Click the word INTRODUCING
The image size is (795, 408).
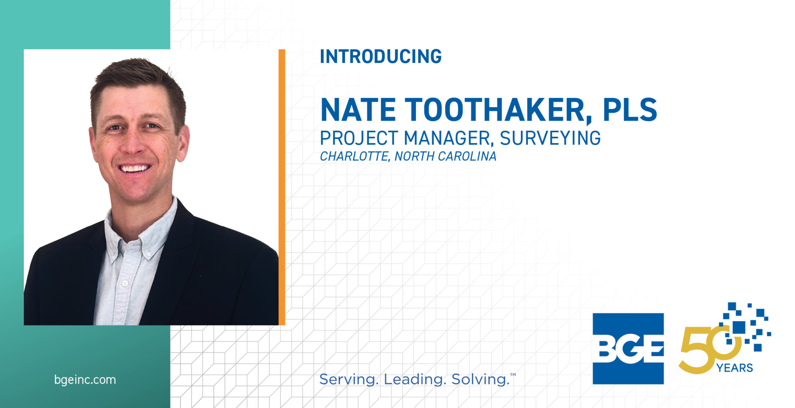(x=381, y=56)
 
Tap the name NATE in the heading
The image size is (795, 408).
(x=358, y=110)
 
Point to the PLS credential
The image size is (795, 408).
(x=630, y=110)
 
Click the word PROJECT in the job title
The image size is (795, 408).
(x=359, y=138)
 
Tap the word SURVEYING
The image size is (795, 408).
(x=550, y=138)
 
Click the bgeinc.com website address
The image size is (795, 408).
(x=85, y=380)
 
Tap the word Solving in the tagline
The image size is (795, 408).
(x=480, y=379)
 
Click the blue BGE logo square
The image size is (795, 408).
(x=628, y=349)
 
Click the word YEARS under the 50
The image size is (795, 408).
(x=734, y=368)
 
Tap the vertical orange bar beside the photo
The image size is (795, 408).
(x=282, y=187)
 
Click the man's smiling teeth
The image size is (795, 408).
(x=135, y=168)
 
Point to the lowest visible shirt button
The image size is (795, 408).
(x=125, y=283)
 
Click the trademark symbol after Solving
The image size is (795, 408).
(x=513, y=375)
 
